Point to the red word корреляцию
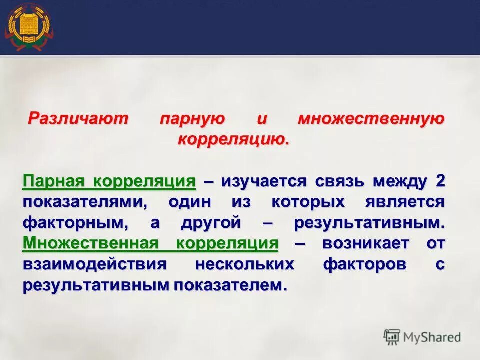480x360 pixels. (233, 139)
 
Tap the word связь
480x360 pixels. (341, 181)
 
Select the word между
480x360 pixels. (400, 181)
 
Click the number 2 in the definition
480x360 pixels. (440, 181)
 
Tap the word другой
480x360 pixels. (218, 223)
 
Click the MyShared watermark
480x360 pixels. (422, 336)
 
